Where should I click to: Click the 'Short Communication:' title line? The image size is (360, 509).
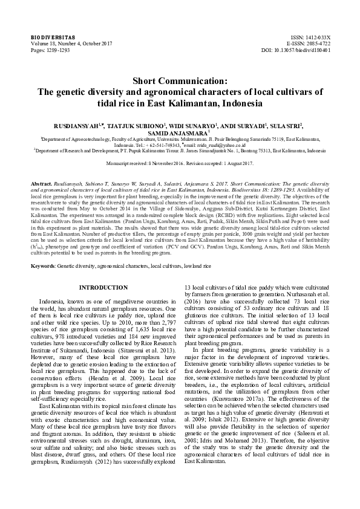(x=180, y=80)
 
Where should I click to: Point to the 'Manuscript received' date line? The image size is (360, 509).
(x=180, y=164)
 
